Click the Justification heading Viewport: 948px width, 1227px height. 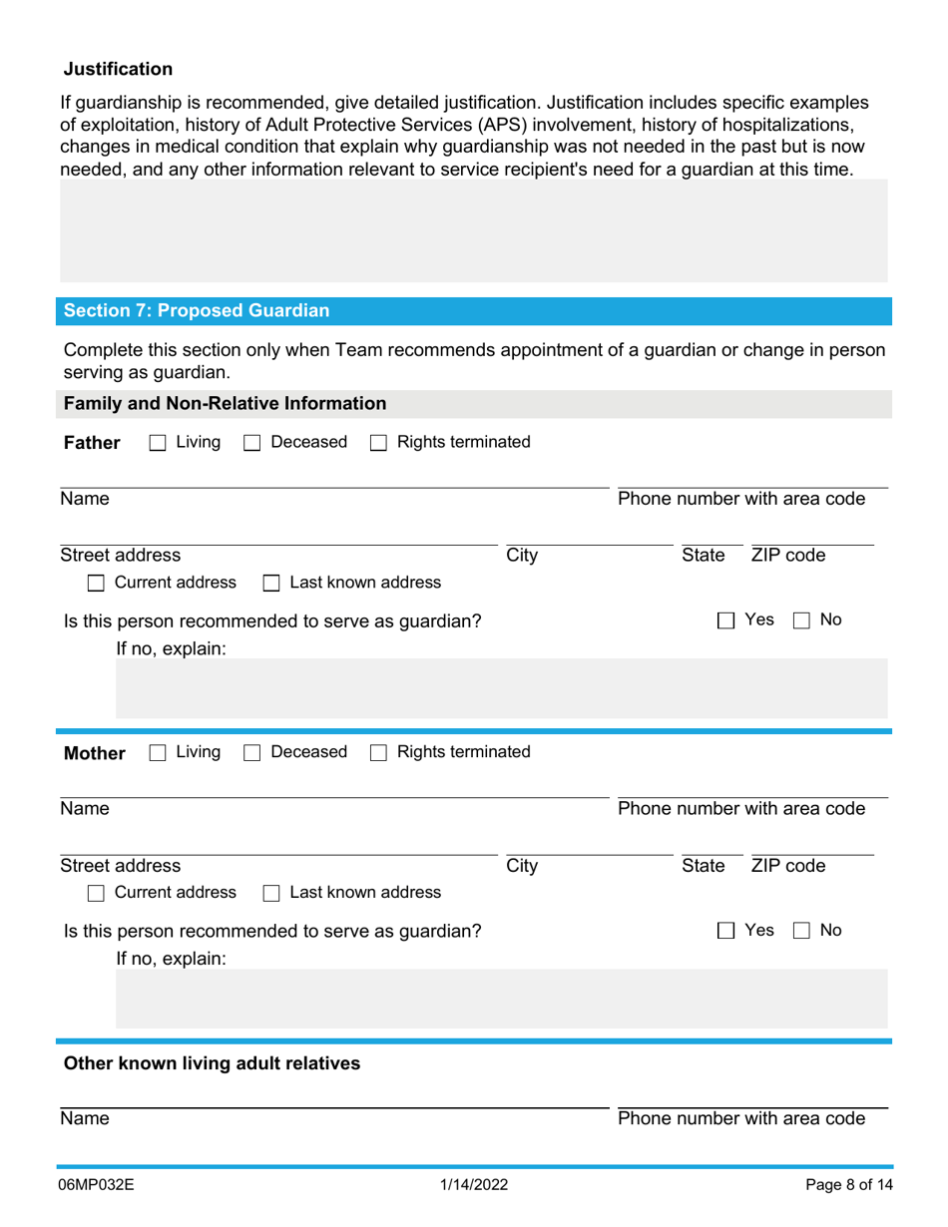(118, 69)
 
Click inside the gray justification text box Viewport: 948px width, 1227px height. (473, 231)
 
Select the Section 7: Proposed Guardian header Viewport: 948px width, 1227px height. (197, 310)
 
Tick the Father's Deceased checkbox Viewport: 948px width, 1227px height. (252, 442)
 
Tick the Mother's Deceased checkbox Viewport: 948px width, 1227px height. (252, 751)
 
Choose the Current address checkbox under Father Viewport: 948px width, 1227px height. (97, 583)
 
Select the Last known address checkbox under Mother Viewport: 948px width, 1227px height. (269, 892)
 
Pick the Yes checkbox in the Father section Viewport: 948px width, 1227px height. (725, 620)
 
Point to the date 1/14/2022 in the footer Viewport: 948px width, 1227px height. (475, 1186)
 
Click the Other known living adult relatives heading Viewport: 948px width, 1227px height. (213, 1063)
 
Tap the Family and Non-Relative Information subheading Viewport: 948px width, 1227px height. (225, 404)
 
